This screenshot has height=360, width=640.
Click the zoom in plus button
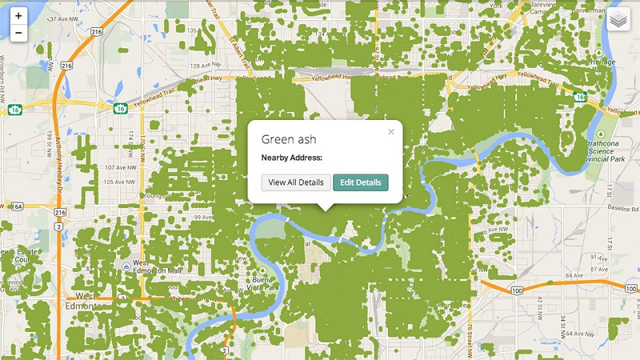click(18, 15)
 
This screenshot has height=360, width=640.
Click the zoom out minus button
click(18, 34)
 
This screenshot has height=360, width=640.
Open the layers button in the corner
click(618, 19)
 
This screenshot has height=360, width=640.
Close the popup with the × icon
click(391, 132)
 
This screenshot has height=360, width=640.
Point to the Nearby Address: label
click(291, 158)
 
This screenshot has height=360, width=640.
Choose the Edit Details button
click(360, 182)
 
